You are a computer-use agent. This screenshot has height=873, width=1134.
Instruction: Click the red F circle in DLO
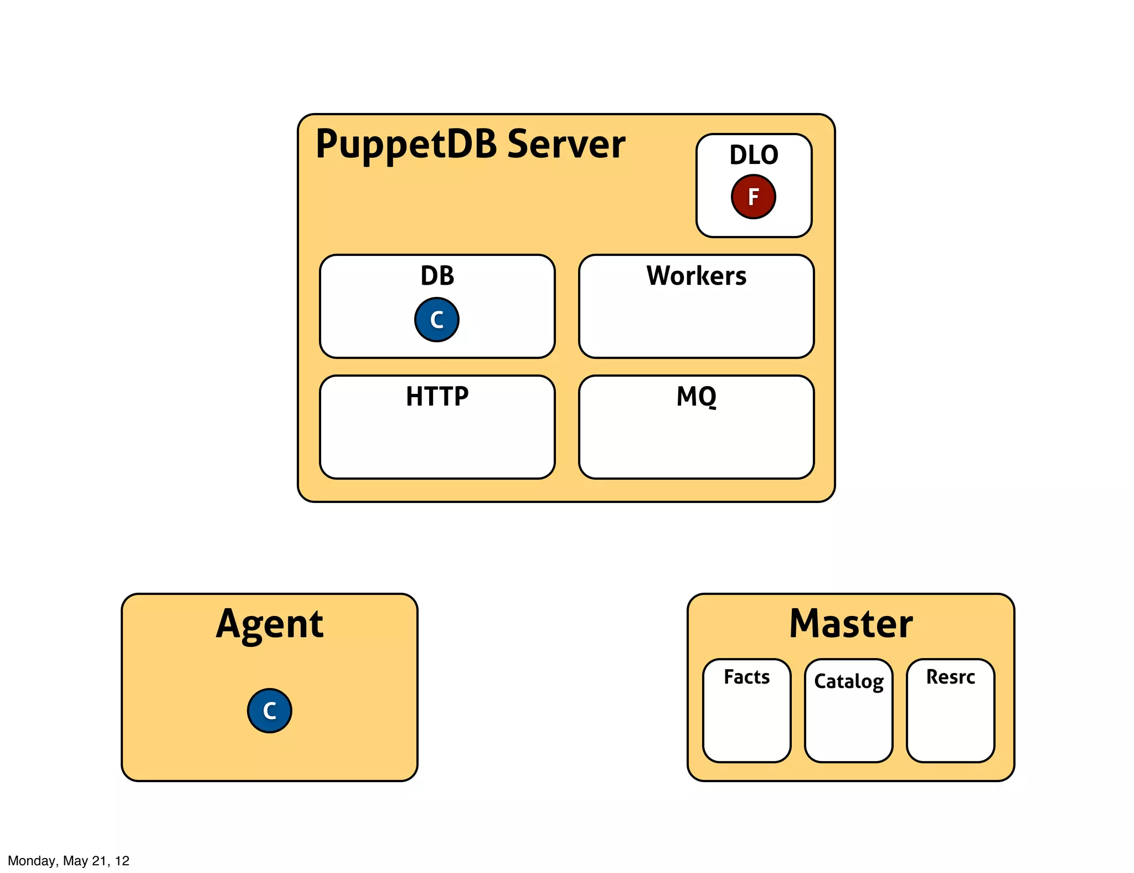pyautogui.click(x=753, y=197)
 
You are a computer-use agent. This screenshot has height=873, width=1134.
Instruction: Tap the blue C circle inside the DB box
pyautogui.click(x=436, y=320)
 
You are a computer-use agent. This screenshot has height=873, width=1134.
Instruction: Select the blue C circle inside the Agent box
pyautogui.click(x=269, y=711)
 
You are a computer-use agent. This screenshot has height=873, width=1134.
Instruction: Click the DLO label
pyautogui.click(x=754, y=155)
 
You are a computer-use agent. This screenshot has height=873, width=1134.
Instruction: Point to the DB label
pyautogui.click(x=437, y=276)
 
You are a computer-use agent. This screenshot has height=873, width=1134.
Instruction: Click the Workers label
pyautogui.click(x=696, y=276)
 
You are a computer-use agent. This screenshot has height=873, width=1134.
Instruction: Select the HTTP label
pyautogui.click(x=437, y=397)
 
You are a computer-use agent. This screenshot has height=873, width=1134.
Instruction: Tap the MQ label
pyautogui.click(x=696, y=397)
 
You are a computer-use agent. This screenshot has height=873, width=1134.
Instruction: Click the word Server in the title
pyautogui.click(x=566, y=145)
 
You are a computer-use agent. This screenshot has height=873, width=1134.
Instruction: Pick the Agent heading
pyautogui.click(x=269, y=624)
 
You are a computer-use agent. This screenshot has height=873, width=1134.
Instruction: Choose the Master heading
pyautogui.click(x=850, y=624)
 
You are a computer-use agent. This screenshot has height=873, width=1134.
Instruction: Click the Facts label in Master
pyautogui.click(x=746, y=677)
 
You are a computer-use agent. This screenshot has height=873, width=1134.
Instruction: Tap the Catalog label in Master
pyautogui.click(x=848, y=681)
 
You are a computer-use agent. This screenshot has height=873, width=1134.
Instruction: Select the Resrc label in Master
pyautogui.click(x=950, y=677)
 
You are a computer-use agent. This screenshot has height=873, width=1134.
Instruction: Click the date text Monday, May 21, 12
pyautogui.click(x=69, y=861)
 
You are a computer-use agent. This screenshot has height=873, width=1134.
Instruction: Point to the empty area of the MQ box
pyautogui.click(x=696, y=443)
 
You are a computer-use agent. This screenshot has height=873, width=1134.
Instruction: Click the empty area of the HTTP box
pyautogui.click(x=437, y=443)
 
